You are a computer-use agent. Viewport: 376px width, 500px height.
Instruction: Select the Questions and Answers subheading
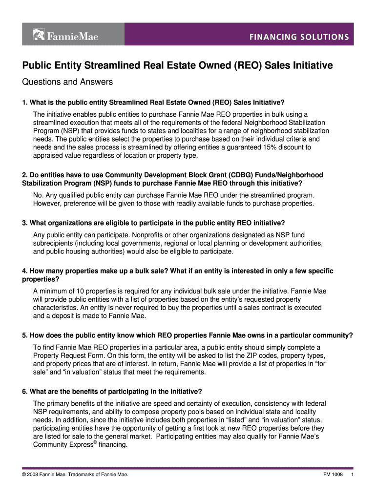67,82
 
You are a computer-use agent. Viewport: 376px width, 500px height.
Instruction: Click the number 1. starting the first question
25,102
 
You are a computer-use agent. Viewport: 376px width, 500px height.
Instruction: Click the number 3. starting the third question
25,223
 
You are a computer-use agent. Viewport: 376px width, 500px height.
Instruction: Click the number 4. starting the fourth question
25,271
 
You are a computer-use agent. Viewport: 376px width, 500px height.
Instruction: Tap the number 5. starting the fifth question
25,335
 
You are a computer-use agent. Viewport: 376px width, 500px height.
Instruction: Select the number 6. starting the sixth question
25,392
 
